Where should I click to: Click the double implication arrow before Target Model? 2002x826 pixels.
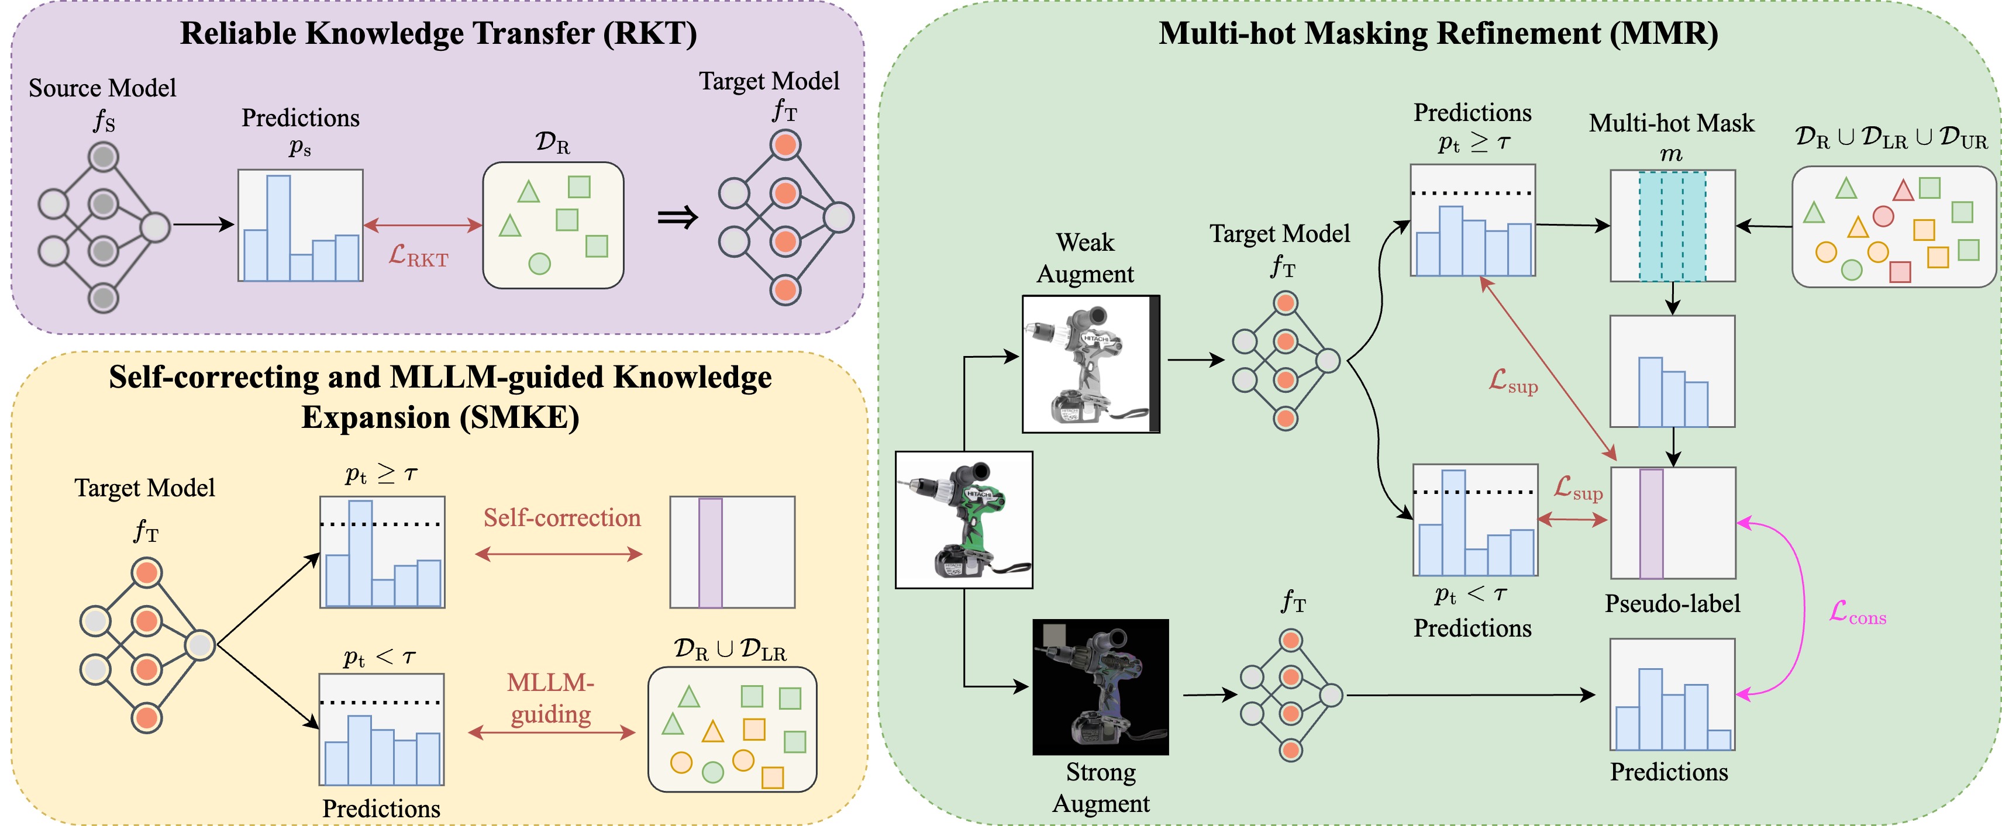pos(678,219)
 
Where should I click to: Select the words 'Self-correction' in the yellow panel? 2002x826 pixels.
pos(562,517)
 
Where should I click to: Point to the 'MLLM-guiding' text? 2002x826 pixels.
pos(551,698)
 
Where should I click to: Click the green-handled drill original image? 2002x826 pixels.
pos(964,520)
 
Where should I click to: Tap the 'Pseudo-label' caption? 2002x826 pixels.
pos(1673,604)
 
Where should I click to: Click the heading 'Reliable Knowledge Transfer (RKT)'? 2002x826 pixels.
pos(438,33)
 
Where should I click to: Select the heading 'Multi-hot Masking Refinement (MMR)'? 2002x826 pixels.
pos(1439,33)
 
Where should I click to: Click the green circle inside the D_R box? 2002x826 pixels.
pos(539,264)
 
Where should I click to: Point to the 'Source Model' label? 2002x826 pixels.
pos(102,88)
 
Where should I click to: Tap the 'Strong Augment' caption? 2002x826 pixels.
pos(1101,787)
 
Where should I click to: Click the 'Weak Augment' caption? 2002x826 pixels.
pos(1086,258)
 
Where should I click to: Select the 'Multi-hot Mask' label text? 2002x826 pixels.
pos(1672,123)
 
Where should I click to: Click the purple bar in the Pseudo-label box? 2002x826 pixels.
pos(1652,524)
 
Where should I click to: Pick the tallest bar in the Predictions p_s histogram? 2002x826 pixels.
pos(278,227)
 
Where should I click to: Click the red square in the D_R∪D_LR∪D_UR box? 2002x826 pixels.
pos(1900,272)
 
